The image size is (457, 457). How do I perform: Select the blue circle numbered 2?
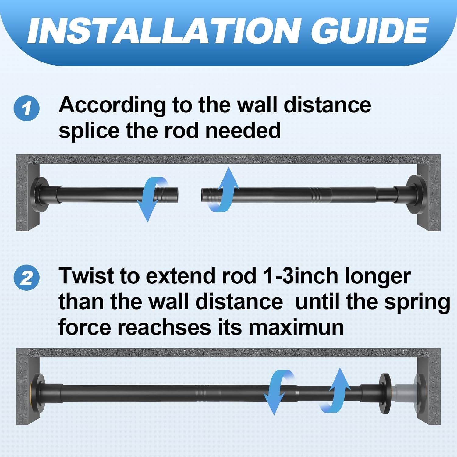27,278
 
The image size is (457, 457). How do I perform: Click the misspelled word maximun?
296,327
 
